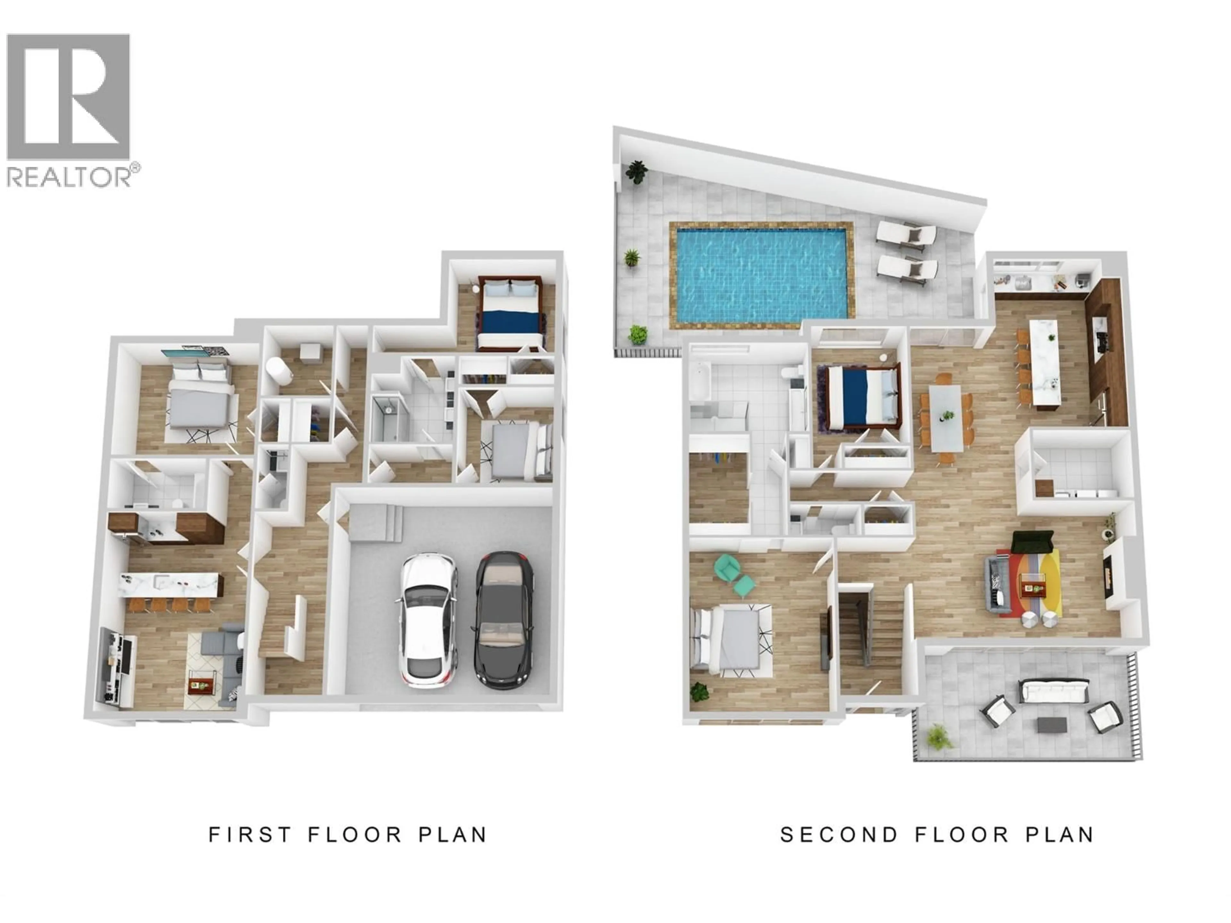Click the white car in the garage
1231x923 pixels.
pyautogui.click(x=427, y=619)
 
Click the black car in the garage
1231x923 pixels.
pyautogui.click(x=504, y=619)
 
